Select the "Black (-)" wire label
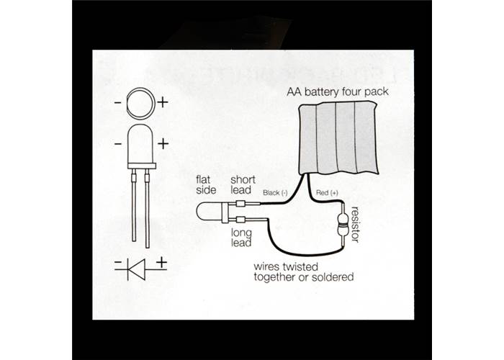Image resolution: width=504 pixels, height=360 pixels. pyautogui.click(x=275, y=192)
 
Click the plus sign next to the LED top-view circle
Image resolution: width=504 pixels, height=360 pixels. pyautogui.click(x=163, y=102)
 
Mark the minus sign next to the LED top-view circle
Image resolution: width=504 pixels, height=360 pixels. pyautogui.click(x=117, y=102)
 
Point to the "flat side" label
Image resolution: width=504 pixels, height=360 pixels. pyautogui.click(x=205, y=184)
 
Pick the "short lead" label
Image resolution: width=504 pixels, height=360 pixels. pyautogui.click(x=240, y=184)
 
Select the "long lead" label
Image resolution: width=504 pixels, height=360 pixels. pyautogui.click(x=241, y=238)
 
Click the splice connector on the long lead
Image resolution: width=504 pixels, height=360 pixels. pyautogui.click(x=243, y=219)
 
